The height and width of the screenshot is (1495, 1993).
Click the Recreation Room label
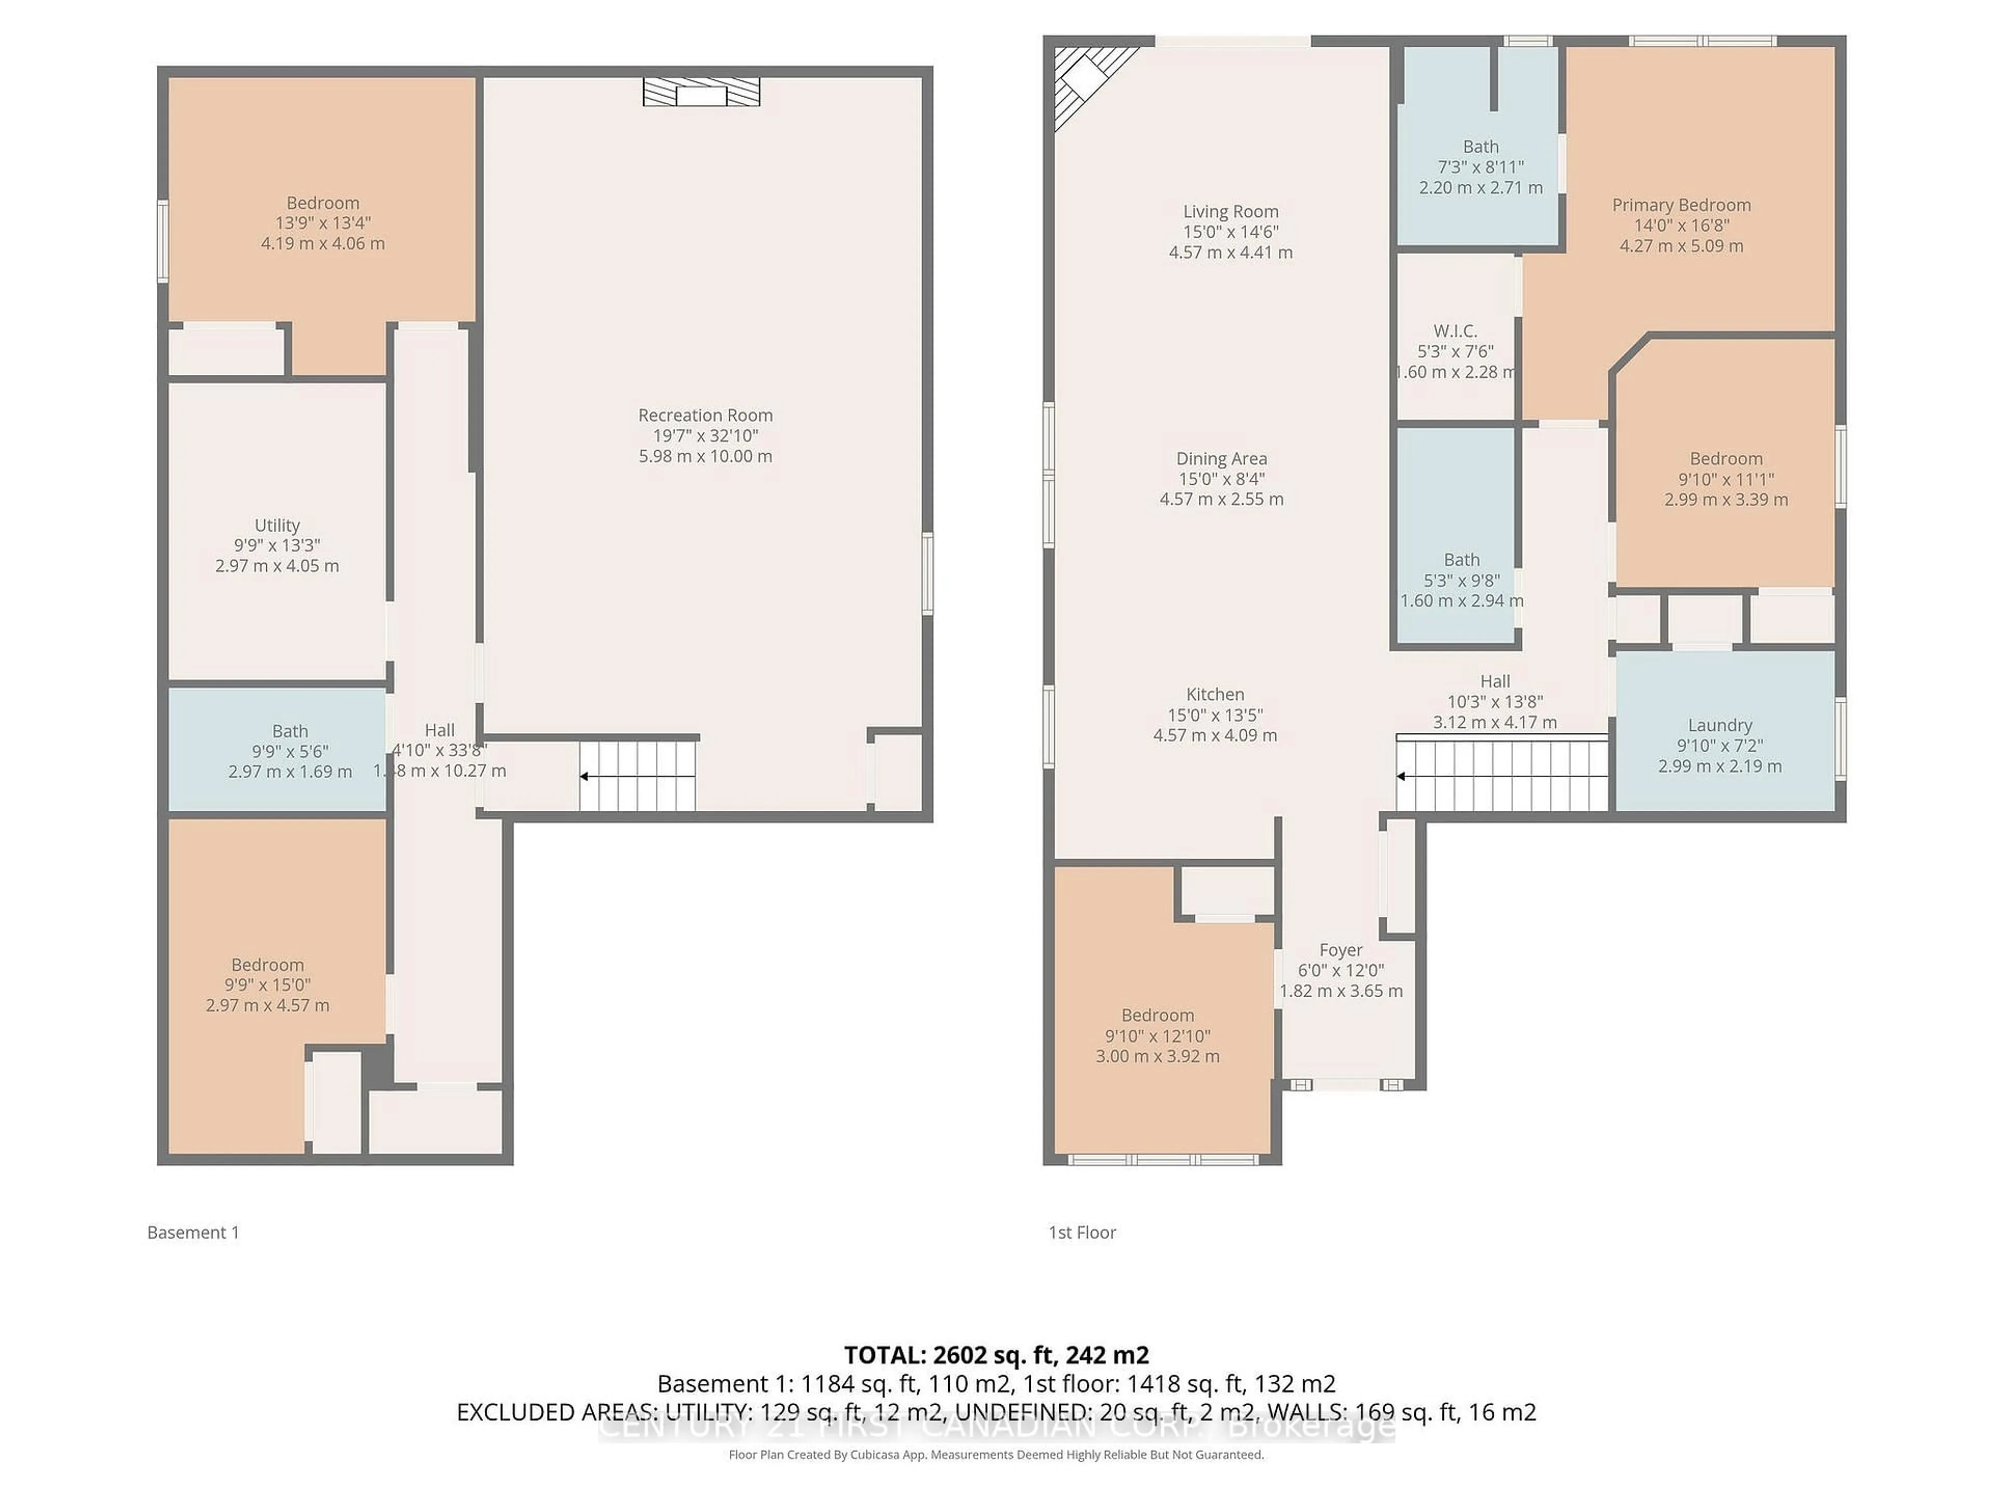point(705,415)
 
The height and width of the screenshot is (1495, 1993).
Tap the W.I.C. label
point(1455,331)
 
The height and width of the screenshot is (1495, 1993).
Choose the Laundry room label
point(1719,725)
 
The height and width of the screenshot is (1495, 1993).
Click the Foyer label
point(1341,950)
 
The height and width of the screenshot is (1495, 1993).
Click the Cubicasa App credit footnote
point(995,1455)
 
